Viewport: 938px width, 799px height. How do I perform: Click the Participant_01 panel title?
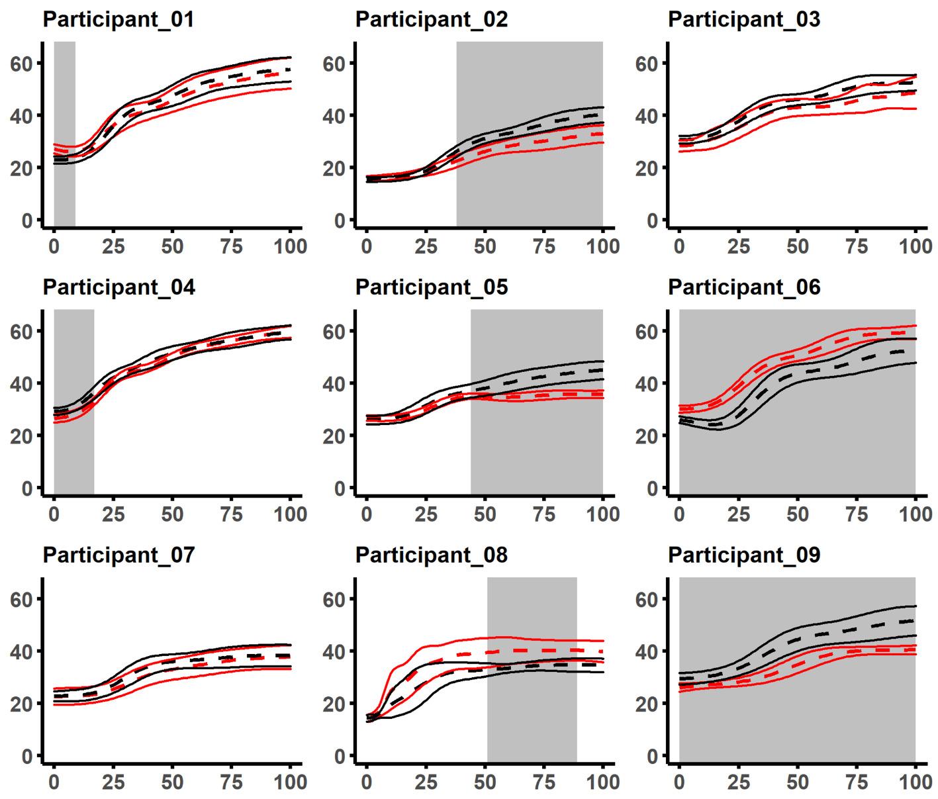tap(118, 19)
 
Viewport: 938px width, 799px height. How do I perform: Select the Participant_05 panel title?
tap(432, 287)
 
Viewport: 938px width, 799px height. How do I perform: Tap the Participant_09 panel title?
tap(744, 555)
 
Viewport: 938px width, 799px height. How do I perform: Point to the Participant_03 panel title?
tap(744, 19)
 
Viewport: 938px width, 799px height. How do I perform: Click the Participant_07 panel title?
tap(118, 555)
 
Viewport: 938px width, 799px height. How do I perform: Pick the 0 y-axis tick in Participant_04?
tap(27, 489)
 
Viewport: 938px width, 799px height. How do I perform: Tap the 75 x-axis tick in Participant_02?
tap(544, 246)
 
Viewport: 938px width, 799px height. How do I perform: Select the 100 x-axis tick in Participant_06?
tap(915, 514)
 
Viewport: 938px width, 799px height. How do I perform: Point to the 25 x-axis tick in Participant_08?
tap(426, 782)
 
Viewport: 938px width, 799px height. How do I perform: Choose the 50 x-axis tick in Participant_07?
tap(172, 782)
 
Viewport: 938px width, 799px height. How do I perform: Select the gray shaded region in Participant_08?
tap(532, 715)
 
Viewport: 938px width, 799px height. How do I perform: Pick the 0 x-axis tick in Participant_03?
tap(679, 246)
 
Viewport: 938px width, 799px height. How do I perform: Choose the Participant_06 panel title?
tap(744, 287)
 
